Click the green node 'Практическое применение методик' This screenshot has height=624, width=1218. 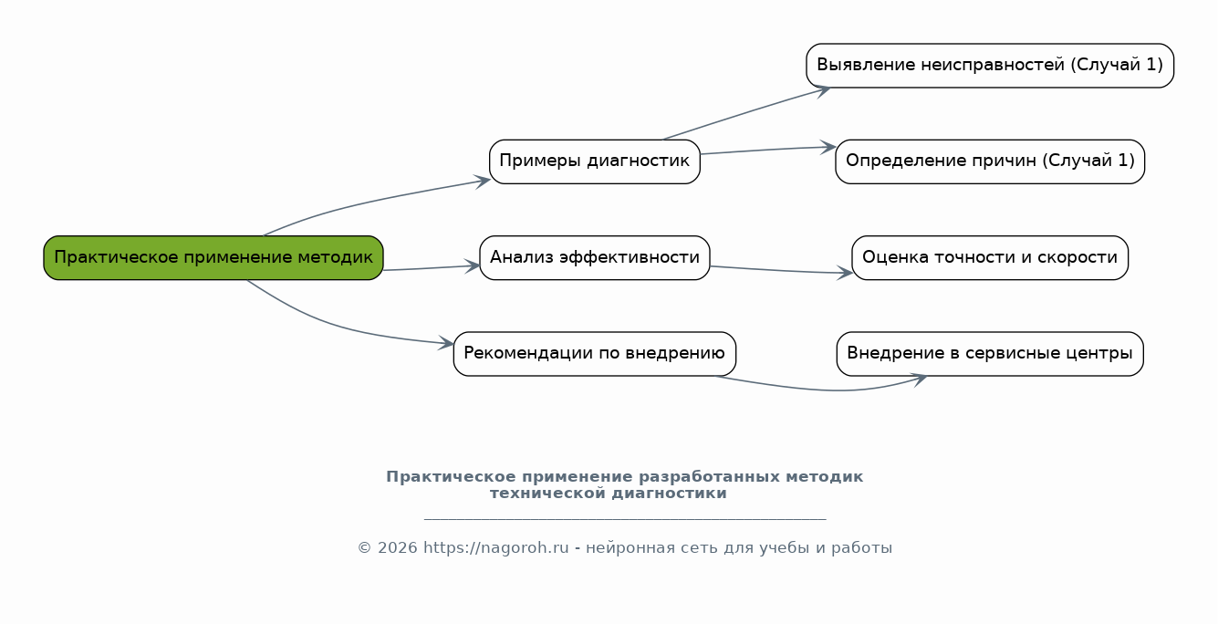click(213, 257)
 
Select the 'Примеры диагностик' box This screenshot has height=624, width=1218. click(594, 161)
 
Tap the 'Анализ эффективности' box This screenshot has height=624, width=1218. click(594, 257)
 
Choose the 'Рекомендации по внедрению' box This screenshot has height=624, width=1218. click(594, 354)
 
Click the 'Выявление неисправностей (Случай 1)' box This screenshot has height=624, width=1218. click(990, 65)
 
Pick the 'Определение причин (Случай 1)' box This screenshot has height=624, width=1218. click(990, 161)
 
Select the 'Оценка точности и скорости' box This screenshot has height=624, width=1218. click(990, 257)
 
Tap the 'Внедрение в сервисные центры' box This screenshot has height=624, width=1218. click(990, 354)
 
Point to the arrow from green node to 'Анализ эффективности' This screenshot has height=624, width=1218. click(432, 267)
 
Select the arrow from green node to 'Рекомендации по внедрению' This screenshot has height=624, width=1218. click(338, 325)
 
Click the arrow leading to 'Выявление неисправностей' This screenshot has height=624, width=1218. click(746, 112)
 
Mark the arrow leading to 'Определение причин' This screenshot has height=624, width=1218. click(768, 150)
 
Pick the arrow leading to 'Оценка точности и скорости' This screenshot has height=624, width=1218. click(781, 270)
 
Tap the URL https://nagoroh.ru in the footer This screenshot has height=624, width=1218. click(496, 548)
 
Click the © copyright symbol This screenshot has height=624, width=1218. click(364, 548)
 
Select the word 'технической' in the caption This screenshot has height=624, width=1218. click(547, 494)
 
